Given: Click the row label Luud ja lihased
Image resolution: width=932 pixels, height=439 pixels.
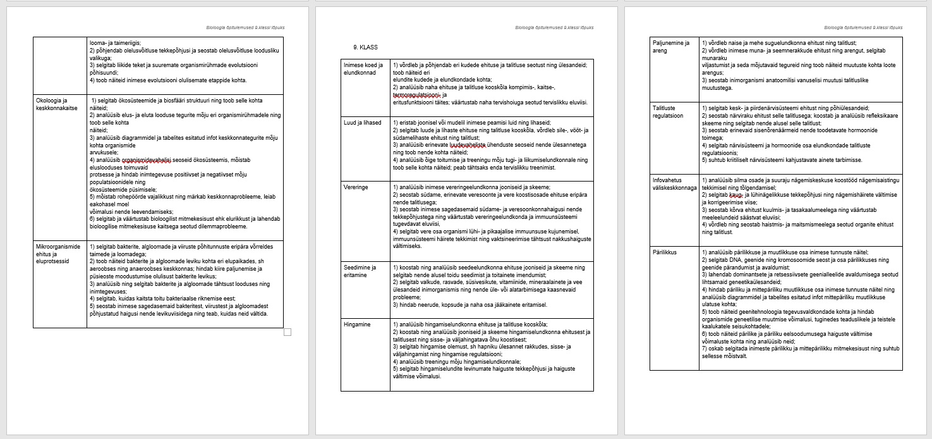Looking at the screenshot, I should [363, 123].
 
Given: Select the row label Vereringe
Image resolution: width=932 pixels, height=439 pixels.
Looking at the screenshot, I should [356, 187].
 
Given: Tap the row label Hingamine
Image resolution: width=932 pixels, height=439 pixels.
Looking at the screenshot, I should [357, 325].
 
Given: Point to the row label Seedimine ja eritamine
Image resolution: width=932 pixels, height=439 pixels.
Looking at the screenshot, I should [360, 271].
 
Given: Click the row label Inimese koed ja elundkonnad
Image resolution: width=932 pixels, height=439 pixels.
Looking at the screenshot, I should [363, 68].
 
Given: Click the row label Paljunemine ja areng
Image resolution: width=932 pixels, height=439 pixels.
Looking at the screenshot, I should [672, 47].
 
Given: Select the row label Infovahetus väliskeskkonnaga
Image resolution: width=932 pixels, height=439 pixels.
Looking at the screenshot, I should [674, 183].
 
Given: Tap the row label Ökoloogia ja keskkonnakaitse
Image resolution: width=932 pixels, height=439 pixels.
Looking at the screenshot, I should [55, 104].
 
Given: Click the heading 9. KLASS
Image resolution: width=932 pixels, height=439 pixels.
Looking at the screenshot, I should [365, 47].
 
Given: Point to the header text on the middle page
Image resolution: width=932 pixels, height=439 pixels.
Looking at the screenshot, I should [554, 28].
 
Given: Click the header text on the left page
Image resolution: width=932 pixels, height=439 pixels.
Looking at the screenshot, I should [245, 28].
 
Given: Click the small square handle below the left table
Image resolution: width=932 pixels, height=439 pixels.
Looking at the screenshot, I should [287, 332].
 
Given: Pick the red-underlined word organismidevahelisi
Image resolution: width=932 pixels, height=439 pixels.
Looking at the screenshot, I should [148, 160].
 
